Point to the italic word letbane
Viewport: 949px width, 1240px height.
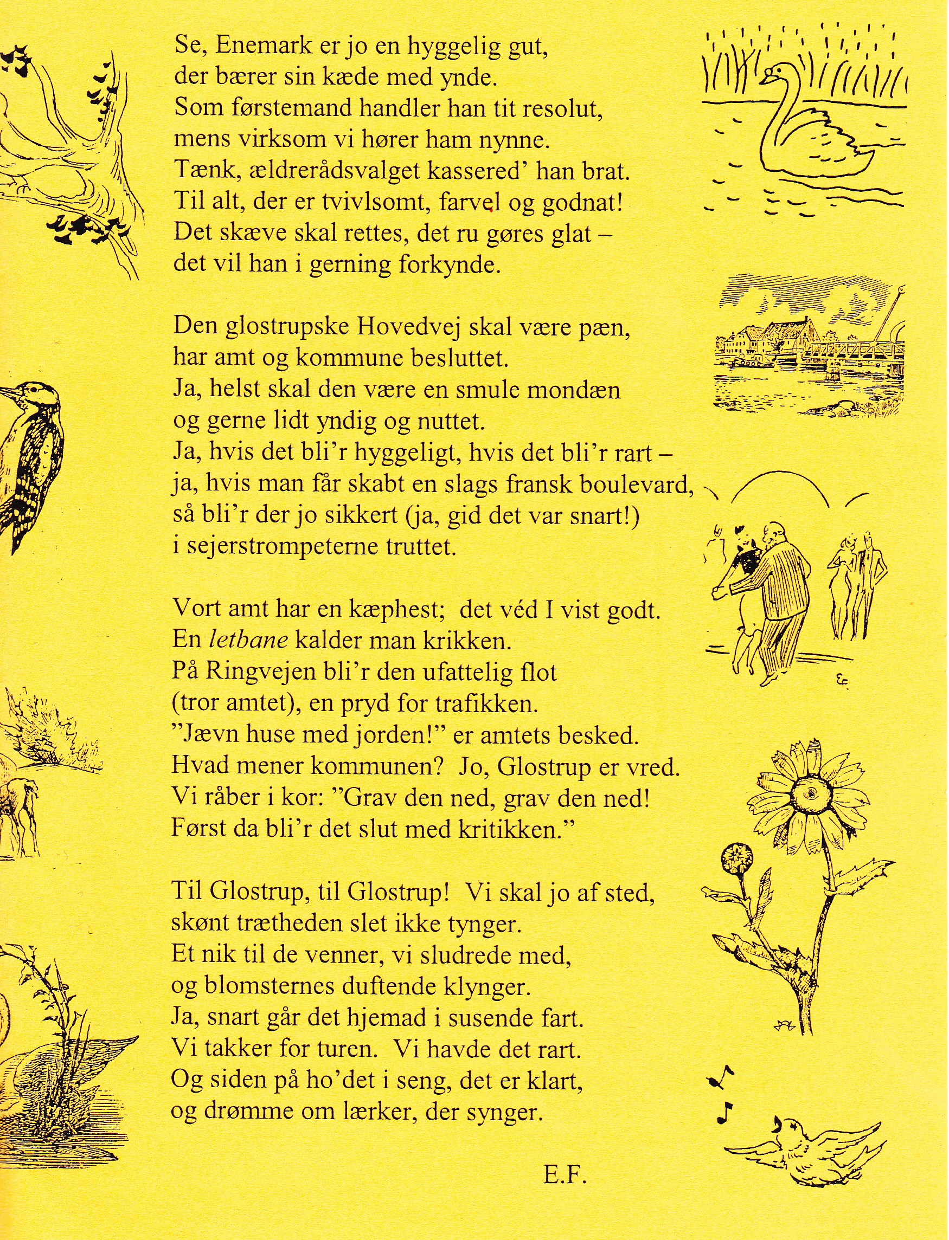point(248,640)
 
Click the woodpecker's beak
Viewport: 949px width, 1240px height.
point(7,392)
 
